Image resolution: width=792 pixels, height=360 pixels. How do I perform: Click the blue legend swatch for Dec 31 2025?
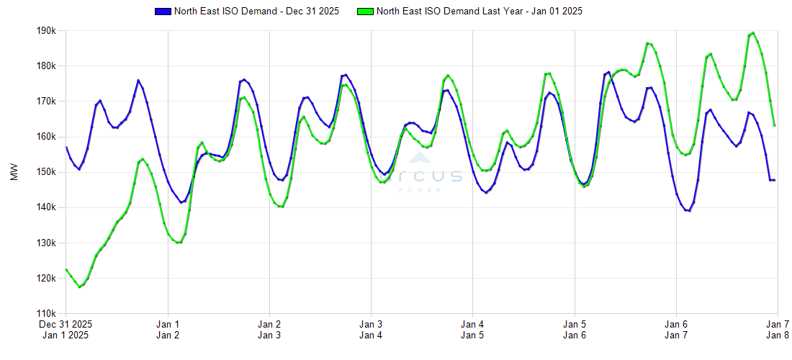163,12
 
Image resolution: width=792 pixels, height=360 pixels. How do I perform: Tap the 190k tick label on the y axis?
47,31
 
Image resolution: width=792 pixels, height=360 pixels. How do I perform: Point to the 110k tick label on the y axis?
47,314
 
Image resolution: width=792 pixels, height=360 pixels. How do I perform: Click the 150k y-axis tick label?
47,172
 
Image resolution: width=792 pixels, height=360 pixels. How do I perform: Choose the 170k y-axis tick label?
47,102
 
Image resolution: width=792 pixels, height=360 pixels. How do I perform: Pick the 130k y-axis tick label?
47,243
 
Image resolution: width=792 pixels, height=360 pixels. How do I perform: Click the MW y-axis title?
14,173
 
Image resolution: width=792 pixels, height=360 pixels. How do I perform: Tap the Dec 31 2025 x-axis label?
66,324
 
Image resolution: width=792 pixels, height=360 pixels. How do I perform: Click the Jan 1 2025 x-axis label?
66,335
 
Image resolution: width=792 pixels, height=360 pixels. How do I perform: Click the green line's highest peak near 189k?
752,32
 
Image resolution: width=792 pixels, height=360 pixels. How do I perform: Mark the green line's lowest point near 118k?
80,287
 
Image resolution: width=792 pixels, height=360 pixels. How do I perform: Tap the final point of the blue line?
774,180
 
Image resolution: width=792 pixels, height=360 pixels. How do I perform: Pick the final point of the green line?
774,125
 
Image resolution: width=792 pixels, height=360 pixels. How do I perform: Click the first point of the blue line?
66,148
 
